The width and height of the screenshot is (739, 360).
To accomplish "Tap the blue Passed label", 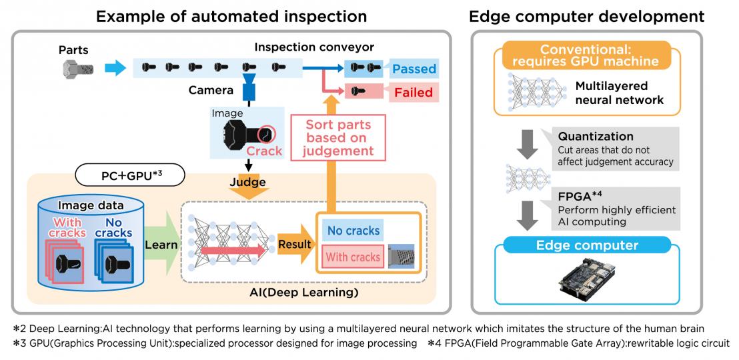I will [x=413, y=68].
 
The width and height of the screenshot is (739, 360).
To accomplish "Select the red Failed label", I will [x=413, y=93].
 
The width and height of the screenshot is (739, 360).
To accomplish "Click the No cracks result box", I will [x=353, y=231].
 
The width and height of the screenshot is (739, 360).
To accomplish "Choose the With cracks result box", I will [x=353, y=257].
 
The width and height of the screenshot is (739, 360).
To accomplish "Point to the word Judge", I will [x=248, y=182].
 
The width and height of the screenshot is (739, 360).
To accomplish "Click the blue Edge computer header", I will [x=587, y=245].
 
